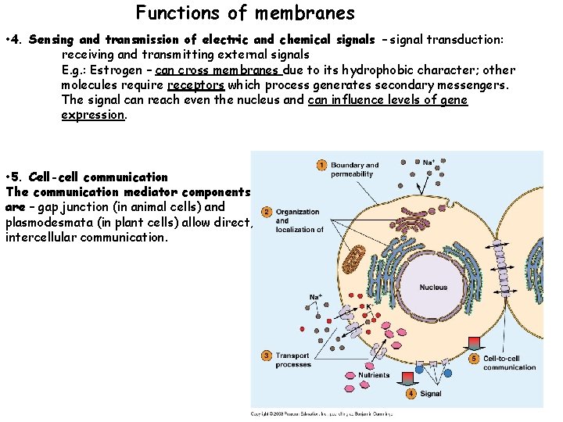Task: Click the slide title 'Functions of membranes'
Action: point(245,13)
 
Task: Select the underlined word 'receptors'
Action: point(195,84)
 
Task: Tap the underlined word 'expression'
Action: point(92,114)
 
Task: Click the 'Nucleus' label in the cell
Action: point(432,287)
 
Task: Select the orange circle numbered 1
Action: point(321,165)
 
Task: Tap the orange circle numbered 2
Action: point(267,212)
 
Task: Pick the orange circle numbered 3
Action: point(267,356)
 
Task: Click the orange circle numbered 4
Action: point(411,394)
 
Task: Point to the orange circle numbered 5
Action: point(474,359)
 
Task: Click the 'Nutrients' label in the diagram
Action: point(374,375)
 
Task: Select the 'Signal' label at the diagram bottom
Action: point(430,394)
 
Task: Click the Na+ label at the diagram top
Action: point(429,163)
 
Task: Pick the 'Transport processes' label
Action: point(293,360)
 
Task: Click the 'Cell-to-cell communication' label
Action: point(509,363)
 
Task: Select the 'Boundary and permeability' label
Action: point(354,169)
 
